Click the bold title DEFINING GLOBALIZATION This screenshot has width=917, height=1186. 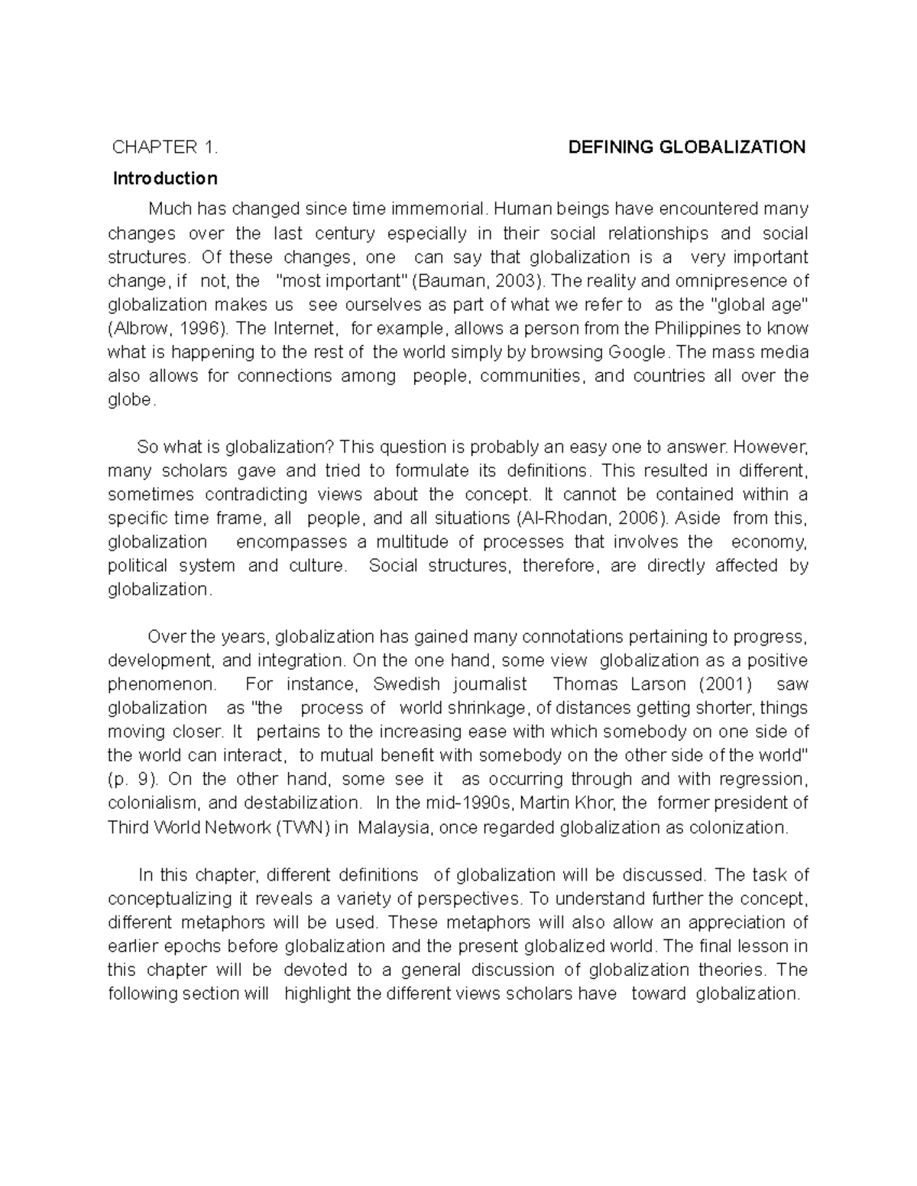click(x=687, y=147)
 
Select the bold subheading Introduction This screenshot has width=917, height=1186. click(x=165, y=179)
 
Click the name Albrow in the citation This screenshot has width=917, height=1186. click(x=141, y=328)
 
